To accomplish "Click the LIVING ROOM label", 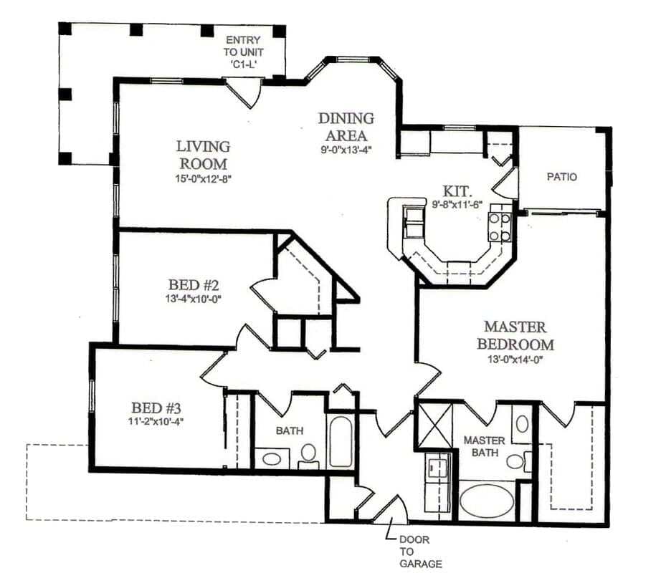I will tap(203, 154).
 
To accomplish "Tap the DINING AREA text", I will tap(346, 126).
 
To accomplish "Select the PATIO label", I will tap(561, 176).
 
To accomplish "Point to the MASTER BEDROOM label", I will tap(515, 336).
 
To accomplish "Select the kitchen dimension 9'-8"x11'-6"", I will tap(457, 205).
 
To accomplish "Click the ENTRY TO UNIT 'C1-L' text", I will tap(243, 52).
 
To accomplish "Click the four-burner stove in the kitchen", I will tap(500, 226).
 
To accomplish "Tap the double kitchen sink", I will tap(414, 223).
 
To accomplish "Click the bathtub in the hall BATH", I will tap(341, 442).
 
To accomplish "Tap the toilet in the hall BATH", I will tap(308, 453).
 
